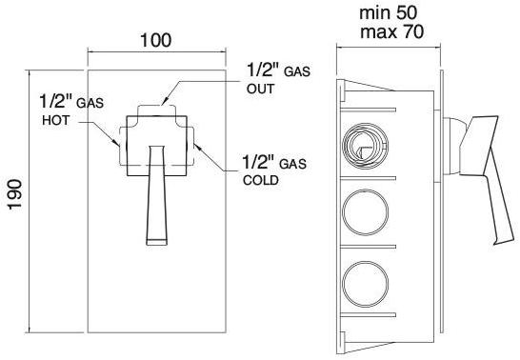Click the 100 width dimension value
click(156, 40)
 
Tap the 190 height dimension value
click(15, 194)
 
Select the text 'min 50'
click(388, 13)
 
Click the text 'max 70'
click(392, 32)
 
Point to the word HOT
click(56, 120)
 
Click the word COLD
click(261, 180)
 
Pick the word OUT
click(261, 89)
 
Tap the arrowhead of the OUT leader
click(164, 102)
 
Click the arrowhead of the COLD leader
click(196, 147)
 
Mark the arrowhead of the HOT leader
click(116, 143)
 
